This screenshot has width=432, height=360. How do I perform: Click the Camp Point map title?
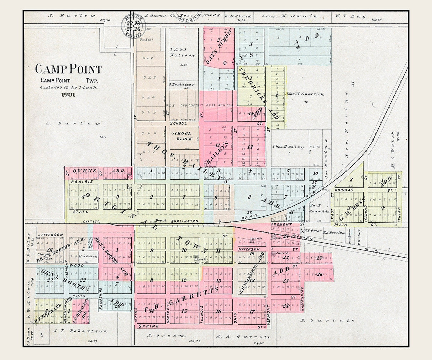click(x=68, y=69)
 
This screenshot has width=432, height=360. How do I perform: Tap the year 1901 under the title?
click(x=68, y=95)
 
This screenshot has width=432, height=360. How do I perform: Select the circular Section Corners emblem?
click(x=133, y=25)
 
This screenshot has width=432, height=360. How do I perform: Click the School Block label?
click(x=182, y=136)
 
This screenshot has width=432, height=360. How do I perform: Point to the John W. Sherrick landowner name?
click(x=305, y=94)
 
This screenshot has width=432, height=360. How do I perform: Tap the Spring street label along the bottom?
click(x=149, y=326)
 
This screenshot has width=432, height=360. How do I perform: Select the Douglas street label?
click(x=344, y=190)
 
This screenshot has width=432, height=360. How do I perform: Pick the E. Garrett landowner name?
click(x=327, y=321)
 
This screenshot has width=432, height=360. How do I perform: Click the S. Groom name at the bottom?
click(x=167, y=335)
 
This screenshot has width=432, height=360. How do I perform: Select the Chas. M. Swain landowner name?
click(x=290, y=16)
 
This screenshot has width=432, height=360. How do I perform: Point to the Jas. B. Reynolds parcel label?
click(x=319, y=208)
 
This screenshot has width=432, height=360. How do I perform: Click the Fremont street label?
click(x=281, y=224)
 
